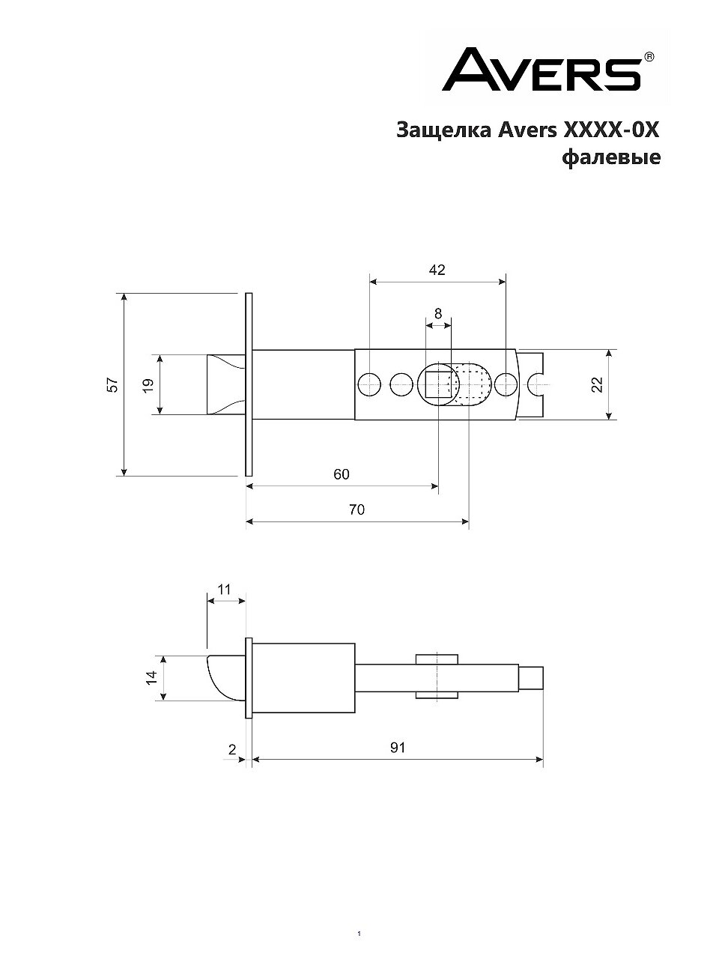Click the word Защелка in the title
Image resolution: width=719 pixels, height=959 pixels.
point(444,130)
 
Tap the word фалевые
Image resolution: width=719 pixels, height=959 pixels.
point(611,157)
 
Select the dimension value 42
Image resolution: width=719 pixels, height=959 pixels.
point(437,270)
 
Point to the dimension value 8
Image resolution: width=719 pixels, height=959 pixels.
point(438,313)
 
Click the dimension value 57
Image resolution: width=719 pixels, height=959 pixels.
point(112,385)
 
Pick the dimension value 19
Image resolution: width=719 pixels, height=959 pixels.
point(148,385)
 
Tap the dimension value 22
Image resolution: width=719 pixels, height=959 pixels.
point(597,384)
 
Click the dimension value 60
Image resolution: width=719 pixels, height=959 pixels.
point(342,474)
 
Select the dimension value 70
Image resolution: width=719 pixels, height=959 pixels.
point(357,509)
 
